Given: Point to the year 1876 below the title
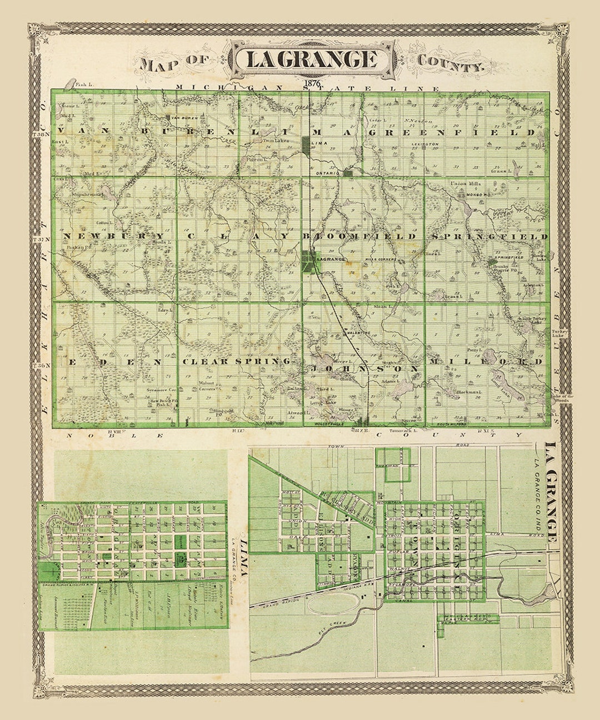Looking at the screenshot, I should coord(313,84).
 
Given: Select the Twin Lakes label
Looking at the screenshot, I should coord(266,142).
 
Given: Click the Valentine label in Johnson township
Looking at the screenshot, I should coord(359,332).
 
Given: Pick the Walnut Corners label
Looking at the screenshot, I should coord(207,386).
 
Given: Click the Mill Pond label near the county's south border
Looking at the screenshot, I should coord(259,422).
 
